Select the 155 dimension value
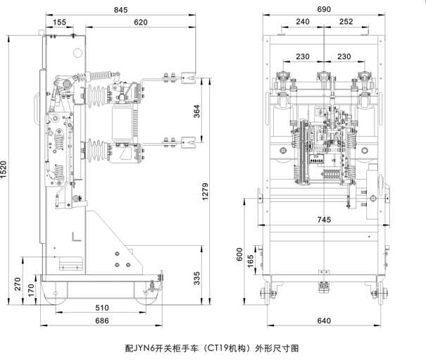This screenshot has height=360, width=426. click(x=59, y=23)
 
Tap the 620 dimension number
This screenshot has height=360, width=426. click(x=140, y=23)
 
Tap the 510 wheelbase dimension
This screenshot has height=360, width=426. click(x=101, y=307)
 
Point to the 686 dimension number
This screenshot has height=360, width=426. click(x=101, y=321)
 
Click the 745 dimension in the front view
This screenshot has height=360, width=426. click(x=323, y=220)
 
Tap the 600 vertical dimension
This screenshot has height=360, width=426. click(x=239, y=253)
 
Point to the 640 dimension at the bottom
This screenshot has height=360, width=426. click(x=323, y=321)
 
